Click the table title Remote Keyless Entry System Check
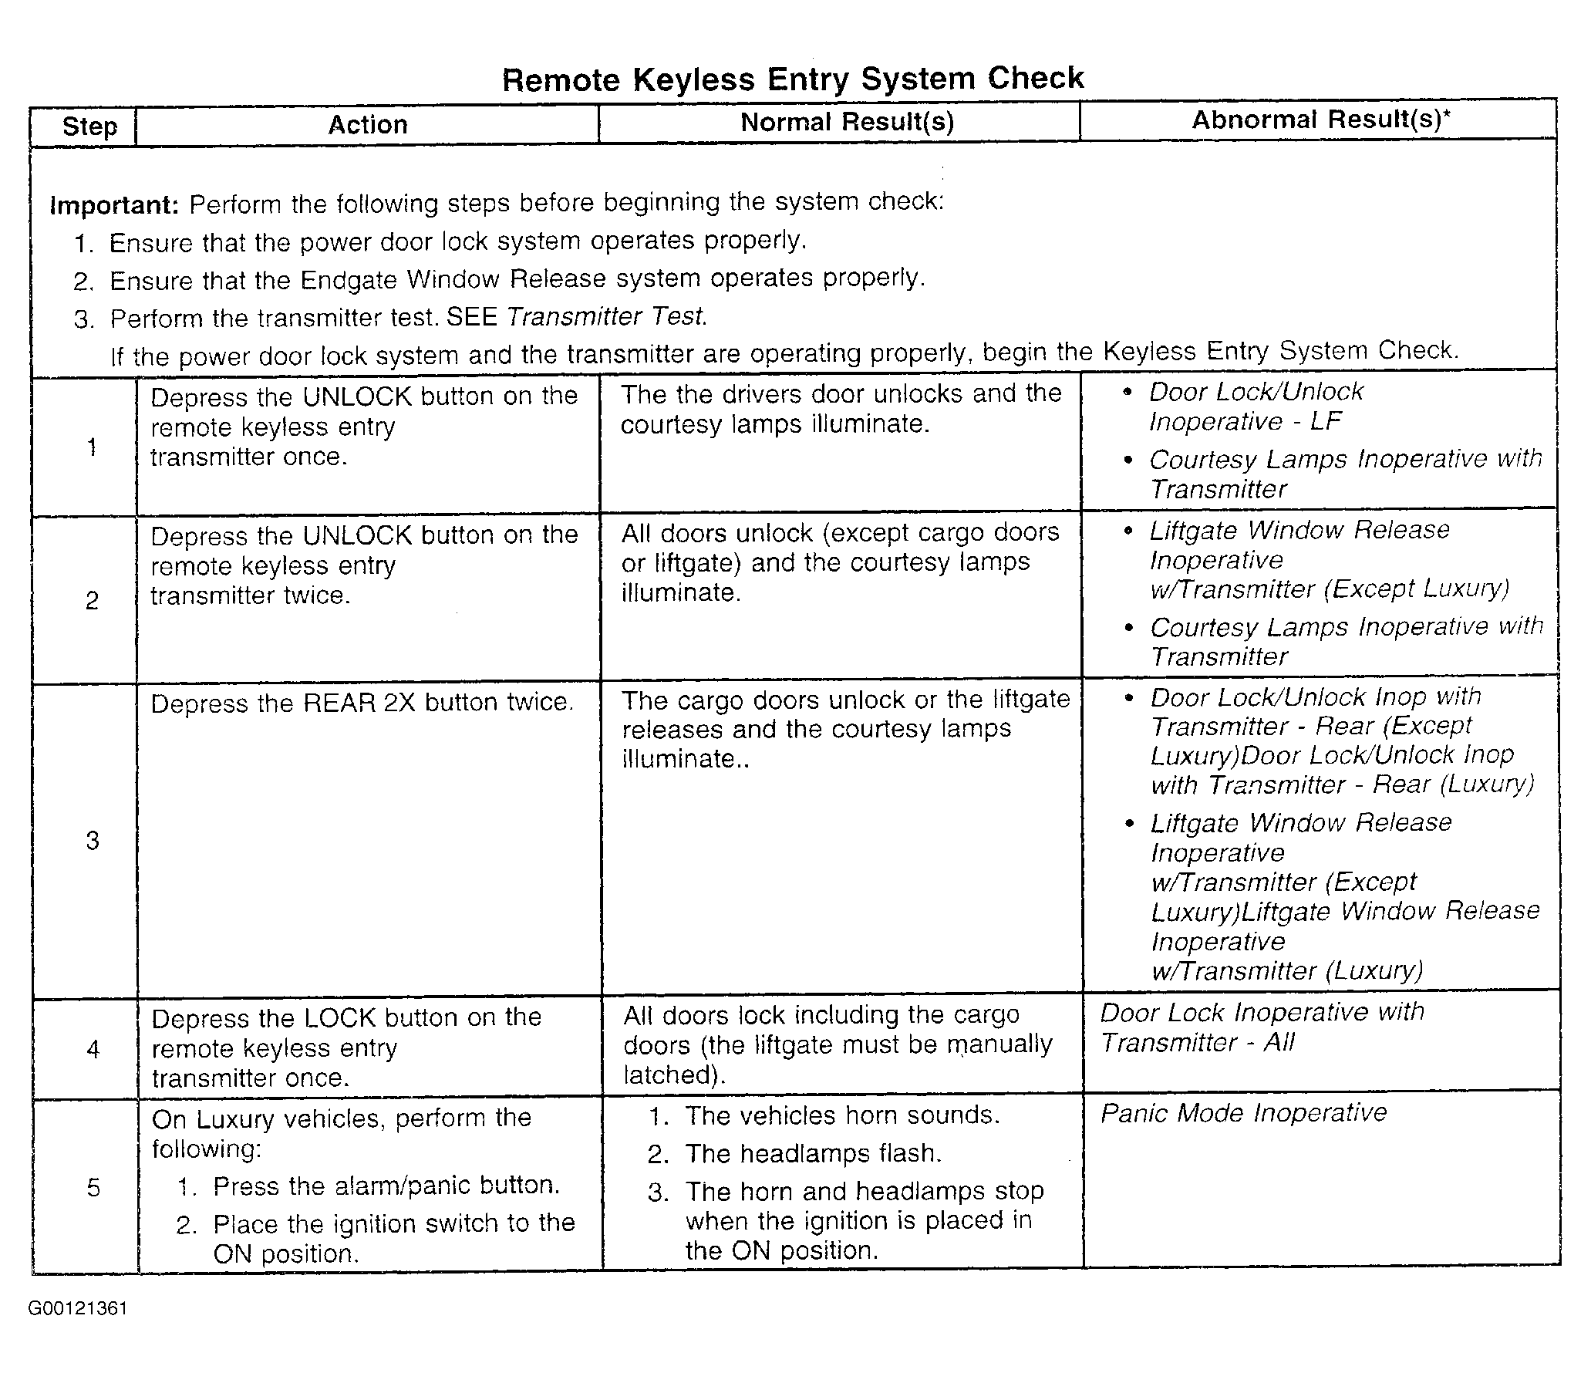point(793,79)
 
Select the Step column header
point(89,126)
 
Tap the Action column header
point(368,124)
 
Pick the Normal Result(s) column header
point(847,122)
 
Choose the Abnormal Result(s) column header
point(1320,120)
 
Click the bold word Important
point(114,205)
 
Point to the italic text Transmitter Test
point(606,316)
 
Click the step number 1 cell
point(92,447)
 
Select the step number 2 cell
point(92,599)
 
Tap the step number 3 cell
point(93,840)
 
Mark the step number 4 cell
point(93,1048)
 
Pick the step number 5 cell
point(93,1186)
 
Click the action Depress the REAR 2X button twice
point(362,703)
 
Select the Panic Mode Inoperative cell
point(1243,1113)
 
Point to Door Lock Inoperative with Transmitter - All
point(1262,1027)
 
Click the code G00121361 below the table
point(78,1308)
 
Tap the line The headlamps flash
point(813,1153)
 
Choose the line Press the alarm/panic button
point(386,1186)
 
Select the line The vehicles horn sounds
point(842,1115)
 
